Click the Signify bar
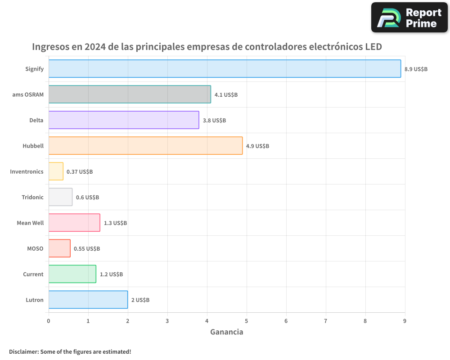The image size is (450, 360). coord(225,69)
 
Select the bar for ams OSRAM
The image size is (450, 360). coord(130,94)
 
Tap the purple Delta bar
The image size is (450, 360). coord(124,120)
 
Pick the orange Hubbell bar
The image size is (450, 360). coord(145,146)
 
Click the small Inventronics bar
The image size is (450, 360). coord(56,171)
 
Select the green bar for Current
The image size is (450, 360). coord(72,274)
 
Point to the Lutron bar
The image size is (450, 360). coord(88,300)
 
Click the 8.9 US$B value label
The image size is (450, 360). coord(416,69)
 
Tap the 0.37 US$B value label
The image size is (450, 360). coord(80,172)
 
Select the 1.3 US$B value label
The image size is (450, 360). coord(115,223)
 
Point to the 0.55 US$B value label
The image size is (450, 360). coord(87,249)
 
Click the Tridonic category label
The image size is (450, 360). coord(32,197)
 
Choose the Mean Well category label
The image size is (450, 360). coord(30,223)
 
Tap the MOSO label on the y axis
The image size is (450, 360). coord(35,248)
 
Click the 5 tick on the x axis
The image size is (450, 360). coord(247,321)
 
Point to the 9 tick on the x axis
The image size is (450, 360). coord(405,321)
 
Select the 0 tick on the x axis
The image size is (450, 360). coord(49,321)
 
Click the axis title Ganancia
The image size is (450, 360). coord(227,332)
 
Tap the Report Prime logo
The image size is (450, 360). coord(409,18)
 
